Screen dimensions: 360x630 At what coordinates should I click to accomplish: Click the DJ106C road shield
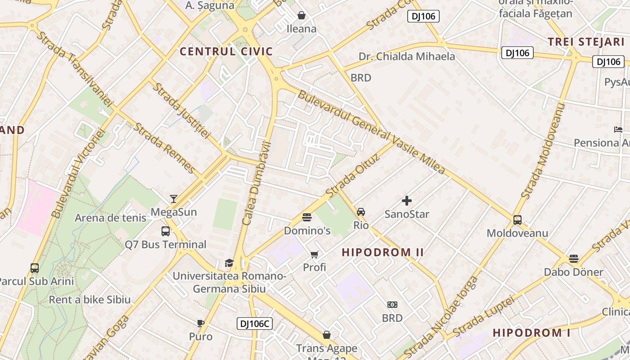(x=255, y=324)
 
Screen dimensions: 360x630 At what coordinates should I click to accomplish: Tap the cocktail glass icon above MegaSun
(x=174, y=199)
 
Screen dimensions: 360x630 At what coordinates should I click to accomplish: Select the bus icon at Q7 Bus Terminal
(x=166, y=231)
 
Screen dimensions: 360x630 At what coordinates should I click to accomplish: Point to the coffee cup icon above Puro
(x=201, y=323)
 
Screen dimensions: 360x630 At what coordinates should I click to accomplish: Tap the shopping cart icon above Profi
(x=315, y=255)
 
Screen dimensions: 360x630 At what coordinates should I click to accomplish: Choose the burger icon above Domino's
(x=307, y=218)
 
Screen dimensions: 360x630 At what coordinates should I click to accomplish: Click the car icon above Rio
(x=361, y=212)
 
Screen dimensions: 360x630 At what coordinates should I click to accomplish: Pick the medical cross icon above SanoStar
(x=407, y=201)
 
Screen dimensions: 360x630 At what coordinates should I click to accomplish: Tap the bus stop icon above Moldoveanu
(x=517, y=220)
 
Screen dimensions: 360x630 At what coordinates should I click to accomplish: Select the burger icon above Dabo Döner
(x=573, y=259)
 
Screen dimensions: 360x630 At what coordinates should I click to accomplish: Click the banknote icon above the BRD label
(x=392, y=305)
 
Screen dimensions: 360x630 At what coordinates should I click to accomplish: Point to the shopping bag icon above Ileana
(x=301, y=16)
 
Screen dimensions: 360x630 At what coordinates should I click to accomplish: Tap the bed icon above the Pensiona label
(x=618, y=130)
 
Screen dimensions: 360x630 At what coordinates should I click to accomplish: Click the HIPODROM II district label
(x=383, y=252)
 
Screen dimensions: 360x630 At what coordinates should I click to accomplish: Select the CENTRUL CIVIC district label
(x=226, y=51)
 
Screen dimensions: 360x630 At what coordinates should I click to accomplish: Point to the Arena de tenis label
(x=110, y=218)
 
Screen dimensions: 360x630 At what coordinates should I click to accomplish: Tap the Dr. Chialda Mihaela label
(x=407, y=57)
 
